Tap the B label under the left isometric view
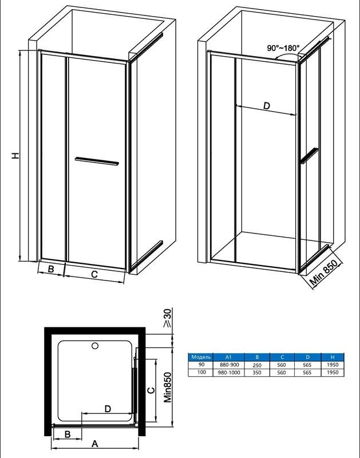click(x=51, y=269)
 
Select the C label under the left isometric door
click(x=94, y=274)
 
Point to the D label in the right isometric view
click(x=267, y=106)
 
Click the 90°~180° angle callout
click(x=283, y=48)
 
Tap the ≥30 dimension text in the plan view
click(x=167, y=318)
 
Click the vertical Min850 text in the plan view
click(x=167, y=388)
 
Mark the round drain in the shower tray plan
click(x=95, y=346)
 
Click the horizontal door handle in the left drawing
click(x=97, y=161)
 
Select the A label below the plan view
click(x=94, y=444)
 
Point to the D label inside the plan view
click(x=108, y=409)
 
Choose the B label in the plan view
click(x=68, y=434)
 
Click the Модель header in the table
click(x=201, y=357)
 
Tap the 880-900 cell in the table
click(x=228, y=365)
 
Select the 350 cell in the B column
click(x=257, y=373)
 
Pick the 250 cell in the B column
click(x=257, y=365)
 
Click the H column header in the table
click(x=333, y=357)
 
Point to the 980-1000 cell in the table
click(x=229, y=373)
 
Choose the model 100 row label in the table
click(x=201, y=372)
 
